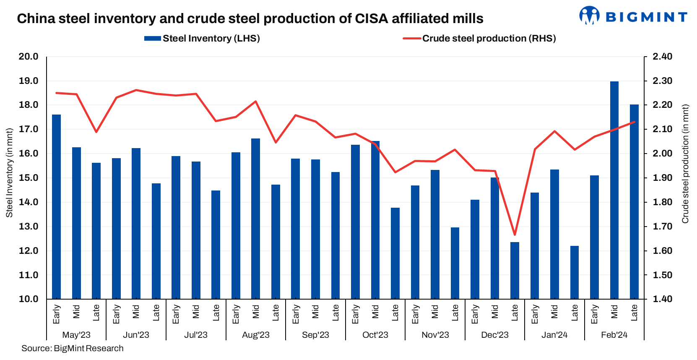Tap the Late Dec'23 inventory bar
[x=515, y=270]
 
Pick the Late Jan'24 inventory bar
[x=575, y=272]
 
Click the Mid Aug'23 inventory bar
[x=255, y=219]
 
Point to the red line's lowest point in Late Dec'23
[x=515, y=235]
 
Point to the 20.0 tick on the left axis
[x=29, y=57]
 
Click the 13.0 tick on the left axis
[x=29, y=227]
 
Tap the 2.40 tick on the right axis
[x=663, y=57]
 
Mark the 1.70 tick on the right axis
[x=663, y=227]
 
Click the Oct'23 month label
[x=375, y=335]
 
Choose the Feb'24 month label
[x=614, y=335]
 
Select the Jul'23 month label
[x=196, y=335]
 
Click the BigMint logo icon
[x=589, y=16]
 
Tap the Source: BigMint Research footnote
[x=73, y=348]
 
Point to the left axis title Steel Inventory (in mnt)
[x=9, y=173]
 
